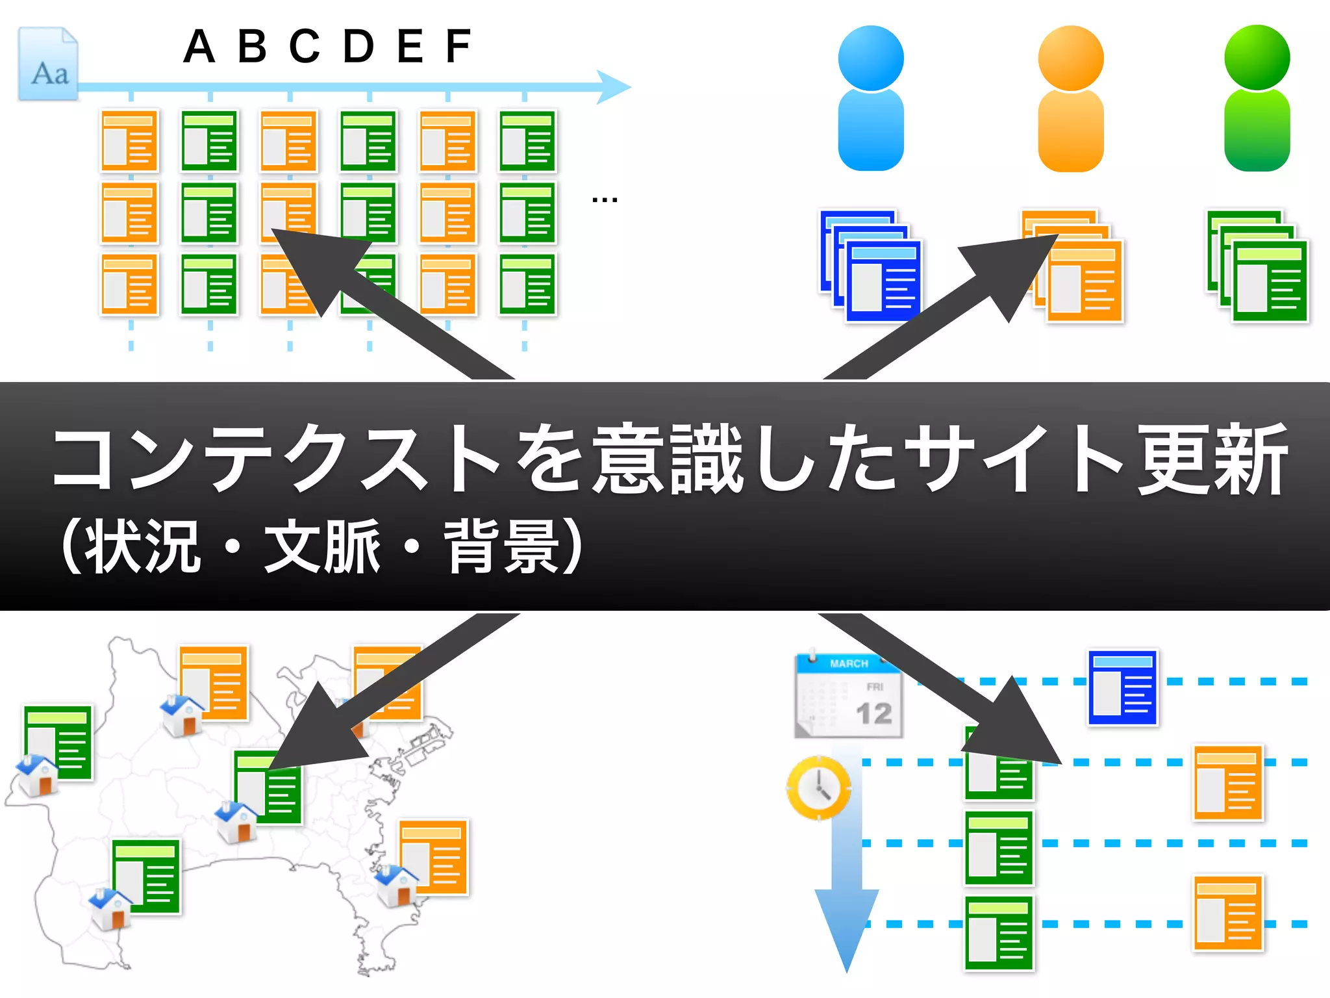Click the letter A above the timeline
[x=199, y=47]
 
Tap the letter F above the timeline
[x=458, y=47]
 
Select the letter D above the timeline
[x=358, y=47]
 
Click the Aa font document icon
[x=48, y=64]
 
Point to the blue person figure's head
[x=871, y=58]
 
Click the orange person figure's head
[x=1071, y=58]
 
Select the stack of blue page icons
[x=870, y=266]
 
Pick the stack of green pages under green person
[x=1257, y=266]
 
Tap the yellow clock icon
[x=819, y=787]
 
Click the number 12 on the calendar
[x=873, y=714]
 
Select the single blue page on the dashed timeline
[x=1123, y=687]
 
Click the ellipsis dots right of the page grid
[x=604, y=200]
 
